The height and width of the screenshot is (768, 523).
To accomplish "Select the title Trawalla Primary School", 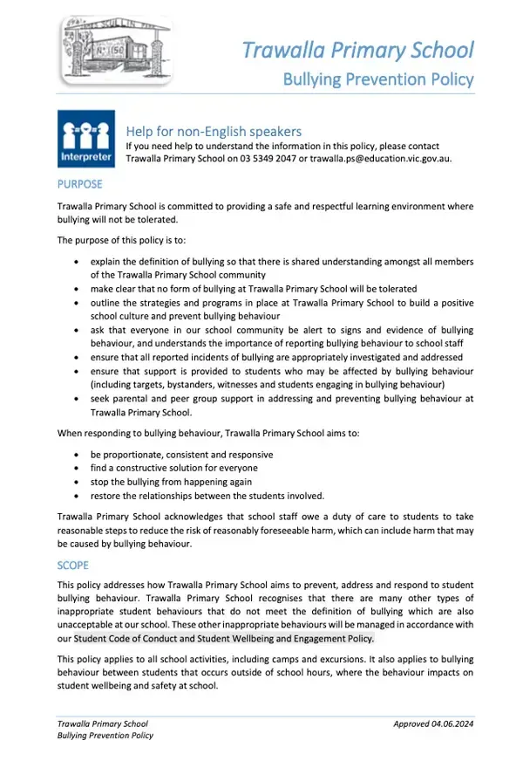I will pos(357,49).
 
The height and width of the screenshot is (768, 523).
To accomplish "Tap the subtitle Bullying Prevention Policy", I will pos(377,79).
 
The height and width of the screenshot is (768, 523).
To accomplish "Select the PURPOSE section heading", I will pos(79,184).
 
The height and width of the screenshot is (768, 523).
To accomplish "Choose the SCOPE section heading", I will pos(72,566).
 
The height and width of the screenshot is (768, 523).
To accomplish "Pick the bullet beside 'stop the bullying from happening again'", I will pos(80,482).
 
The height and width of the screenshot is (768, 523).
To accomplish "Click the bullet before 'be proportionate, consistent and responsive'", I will pos(80,455).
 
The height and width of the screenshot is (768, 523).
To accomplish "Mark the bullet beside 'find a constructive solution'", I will pos(80,469).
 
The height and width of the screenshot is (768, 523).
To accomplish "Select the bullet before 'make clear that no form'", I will pos(80,289).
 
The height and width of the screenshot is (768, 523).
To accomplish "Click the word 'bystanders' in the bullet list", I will pos(184,384).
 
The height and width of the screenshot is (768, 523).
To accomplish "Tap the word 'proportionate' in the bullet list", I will pos(131,455).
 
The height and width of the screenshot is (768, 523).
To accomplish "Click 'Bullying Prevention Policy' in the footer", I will pos(105,736).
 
